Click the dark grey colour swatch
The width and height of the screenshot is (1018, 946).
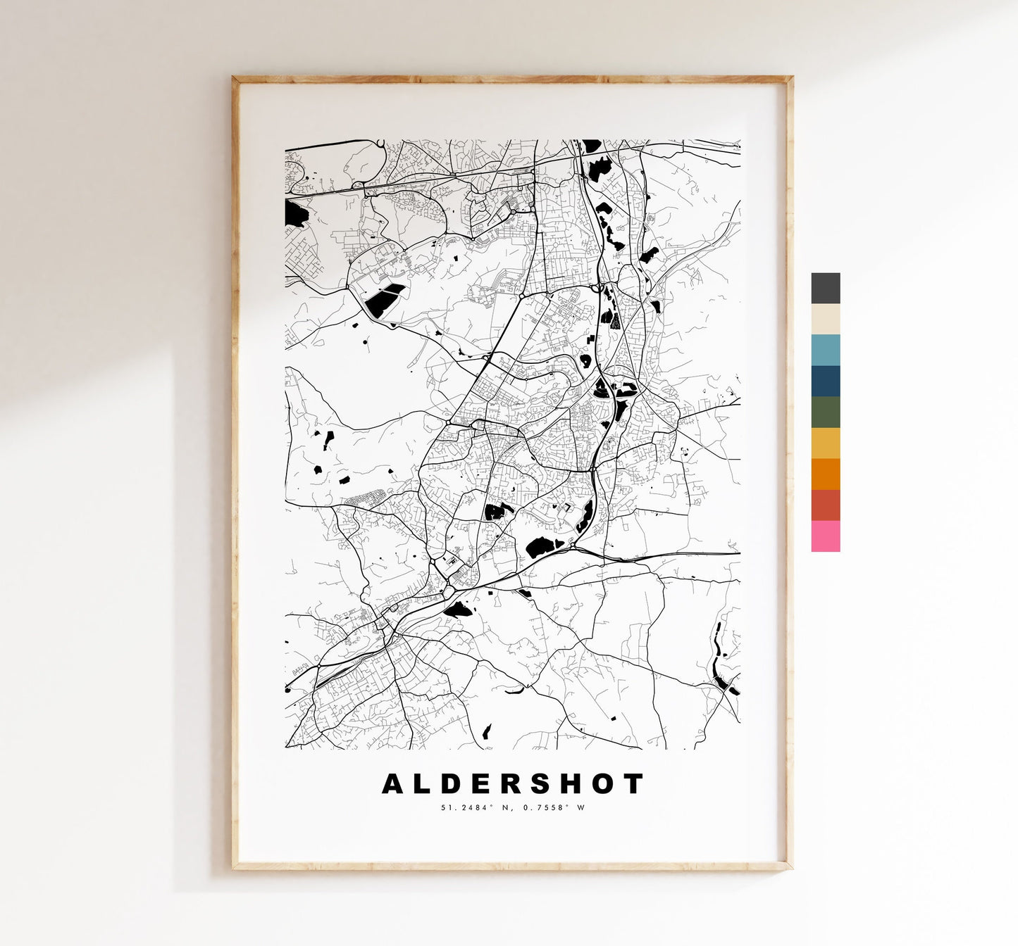pos(825,288)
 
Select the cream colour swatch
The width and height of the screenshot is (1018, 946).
pos(825,319)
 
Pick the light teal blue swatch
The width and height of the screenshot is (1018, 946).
pos(825,350)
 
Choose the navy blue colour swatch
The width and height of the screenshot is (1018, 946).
pos(825,381)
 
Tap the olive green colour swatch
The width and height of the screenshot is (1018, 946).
pos(825,412)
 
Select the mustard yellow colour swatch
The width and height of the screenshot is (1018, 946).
pos(825,443)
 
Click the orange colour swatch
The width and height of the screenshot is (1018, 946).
pos(825,474)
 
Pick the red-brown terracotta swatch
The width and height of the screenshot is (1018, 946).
pos(825,505)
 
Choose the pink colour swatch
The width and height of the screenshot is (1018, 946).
pos(825,536)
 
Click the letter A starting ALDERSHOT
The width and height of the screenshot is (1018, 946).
pos(393,783)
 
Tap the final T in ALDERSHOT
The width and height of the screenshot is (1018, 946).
pos(634,783)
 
